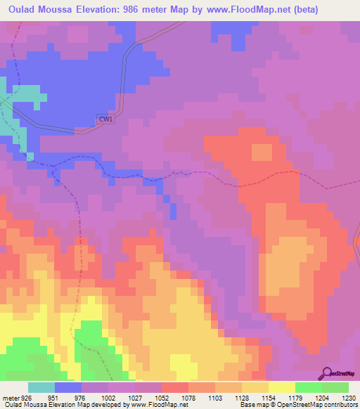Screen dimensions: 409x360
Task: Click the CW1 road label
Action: [x=105, y=119]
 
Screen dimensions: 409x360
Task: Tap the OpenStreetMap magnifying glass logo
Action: [x=326, y=374]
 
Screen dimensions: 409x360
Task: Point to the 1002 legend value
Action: [x=108, y=397]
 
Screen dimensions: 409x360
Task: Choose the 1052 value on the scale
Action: [x=161, y=397]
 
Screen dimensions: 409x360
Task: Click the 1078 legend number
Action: [x=188, y=397]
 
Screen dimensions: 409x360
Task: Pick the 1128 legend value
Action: [x=241, y=397]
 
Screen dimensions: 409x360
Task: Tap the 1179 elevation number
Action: [x=295, y=397]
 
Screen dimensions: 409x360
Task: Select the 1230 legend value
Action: [x=348, y=397]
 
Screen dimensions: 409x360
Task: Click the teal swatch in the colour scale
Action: [x=41, y=387]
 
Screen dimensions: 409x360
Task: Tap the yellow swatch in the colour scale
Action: [x=281, y=387]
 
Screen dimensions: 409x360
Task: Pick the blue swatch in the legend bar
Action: [x=68, y=387]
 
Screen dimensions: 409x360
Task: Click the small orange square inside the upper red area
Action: [x=262, y=152]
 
